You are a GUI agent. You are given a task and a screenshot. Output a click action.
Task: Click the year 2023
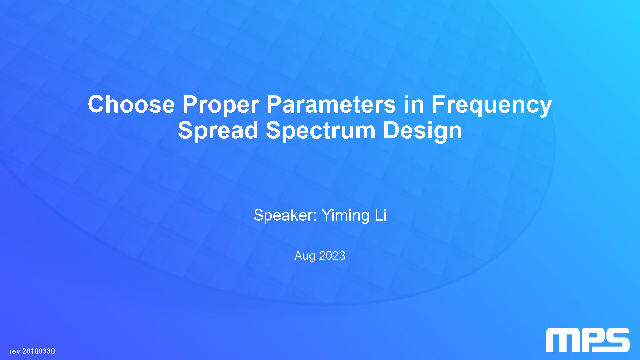tap(332, 255)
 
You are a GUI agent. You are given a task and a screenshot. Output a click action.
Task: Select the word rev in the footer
tap(15, 351)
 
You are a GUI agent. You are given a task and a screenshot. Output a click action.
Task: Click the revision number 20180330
tap(39, 351)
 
